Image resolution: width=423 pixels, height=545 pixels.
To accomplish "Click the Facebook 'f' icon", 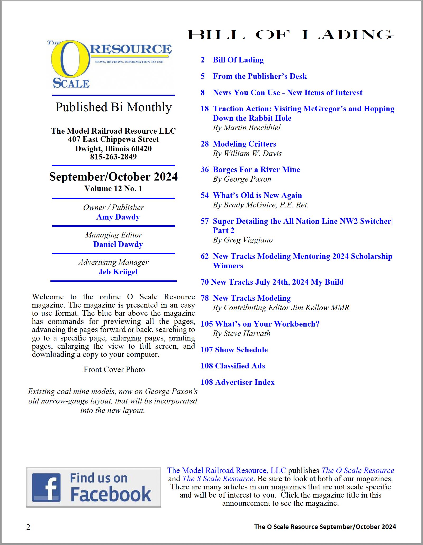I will tap(46, 487).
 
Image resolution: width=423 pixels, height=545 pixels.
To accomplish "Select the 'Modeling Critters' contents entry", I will tap(244, 144).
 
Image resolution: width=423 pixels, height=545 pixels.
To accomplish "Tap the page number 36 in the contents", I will tap(204, 169).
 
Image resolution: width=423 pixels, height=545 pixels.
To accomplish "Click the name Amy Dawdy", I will tap(118, 217).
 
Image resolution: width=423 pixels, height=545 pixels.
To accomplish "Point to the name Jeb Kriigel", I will tap(118, 272).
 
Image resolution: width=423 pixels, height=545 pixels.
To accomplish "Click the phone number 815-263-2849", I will tap(113, 157).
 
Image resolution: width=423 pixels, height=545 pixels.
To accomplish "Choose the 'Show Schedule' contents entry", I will tap(241, 350).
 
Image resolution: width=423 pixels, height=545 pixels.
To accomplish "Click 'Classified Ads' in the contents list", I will tap(240, 366).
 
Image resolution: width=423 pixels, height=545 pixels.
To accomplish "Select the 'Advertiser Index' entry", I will tap(245, 382).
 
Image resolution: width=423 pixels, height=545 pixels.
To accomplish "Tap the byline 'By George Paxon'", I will tap(242, 179).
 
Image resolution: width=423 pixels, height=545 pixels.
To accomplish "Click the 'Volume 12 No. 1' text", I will tap(113, 188).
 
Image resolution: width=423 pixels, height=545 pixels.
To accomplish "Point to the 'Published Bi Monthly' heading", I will tap(114, 107).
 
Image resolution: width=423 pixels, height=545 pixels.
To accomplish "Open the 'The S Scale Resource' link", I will tap(218, 479).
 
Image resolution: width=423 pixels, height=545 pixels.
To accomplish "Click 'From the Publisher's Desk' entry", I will tap(260, 76).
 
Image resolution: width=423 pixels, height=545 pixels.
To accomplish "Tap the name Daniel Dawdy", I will tap(118, 244).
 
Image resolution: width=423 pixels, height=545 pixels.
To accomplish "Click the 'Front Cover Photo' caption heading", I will tap(114, 369).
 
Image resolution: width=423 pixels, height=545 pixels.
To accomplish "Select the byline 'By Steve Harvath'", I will tap(242, 334).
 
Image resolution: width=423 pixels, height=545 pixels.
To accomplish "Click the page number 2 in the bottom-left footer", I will tap(28, 527).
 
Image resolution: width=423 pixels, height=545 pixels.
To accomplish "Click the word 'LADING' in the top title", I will tap(347, 35).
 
